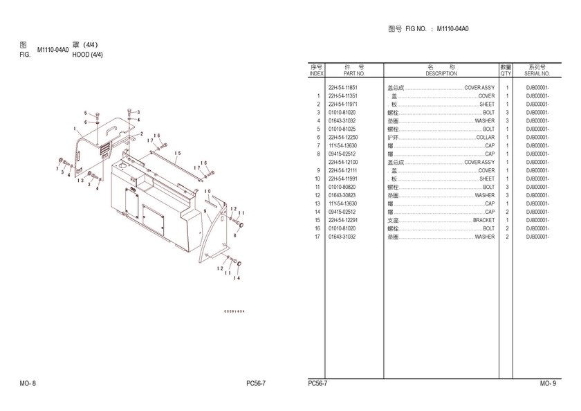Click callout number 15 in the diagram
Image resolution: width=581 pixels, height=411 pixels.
pyautogui.click(x=177, y=154)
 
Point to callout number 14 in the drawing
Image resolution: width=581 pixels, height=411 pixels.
pyautogui.click(x=237, y=278)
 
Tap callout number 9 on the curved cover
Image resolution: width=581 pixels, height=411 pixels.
pyautogui.click(x=205, y=201)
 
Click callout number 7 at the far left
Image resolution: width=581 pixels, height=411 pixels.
pyautogui.click(x=57, y=168)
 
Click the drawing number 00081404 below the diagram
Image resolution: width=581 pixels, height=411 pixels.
pyautogui.click(x=233, y=311)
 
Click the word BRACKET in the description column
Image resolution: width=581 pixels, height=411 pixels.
pyautogui.click(x=483, y=220)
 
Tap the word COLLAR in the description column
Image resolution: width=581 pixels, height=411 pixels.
pyautogui.click(x=485, y=137)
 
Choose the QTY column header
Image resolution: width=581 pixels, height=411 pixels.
pyautogui.click(x=506, y=73)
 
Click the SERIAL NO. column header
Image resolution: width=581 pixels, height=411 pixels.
pyautogui.click(x=537, y=73)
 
